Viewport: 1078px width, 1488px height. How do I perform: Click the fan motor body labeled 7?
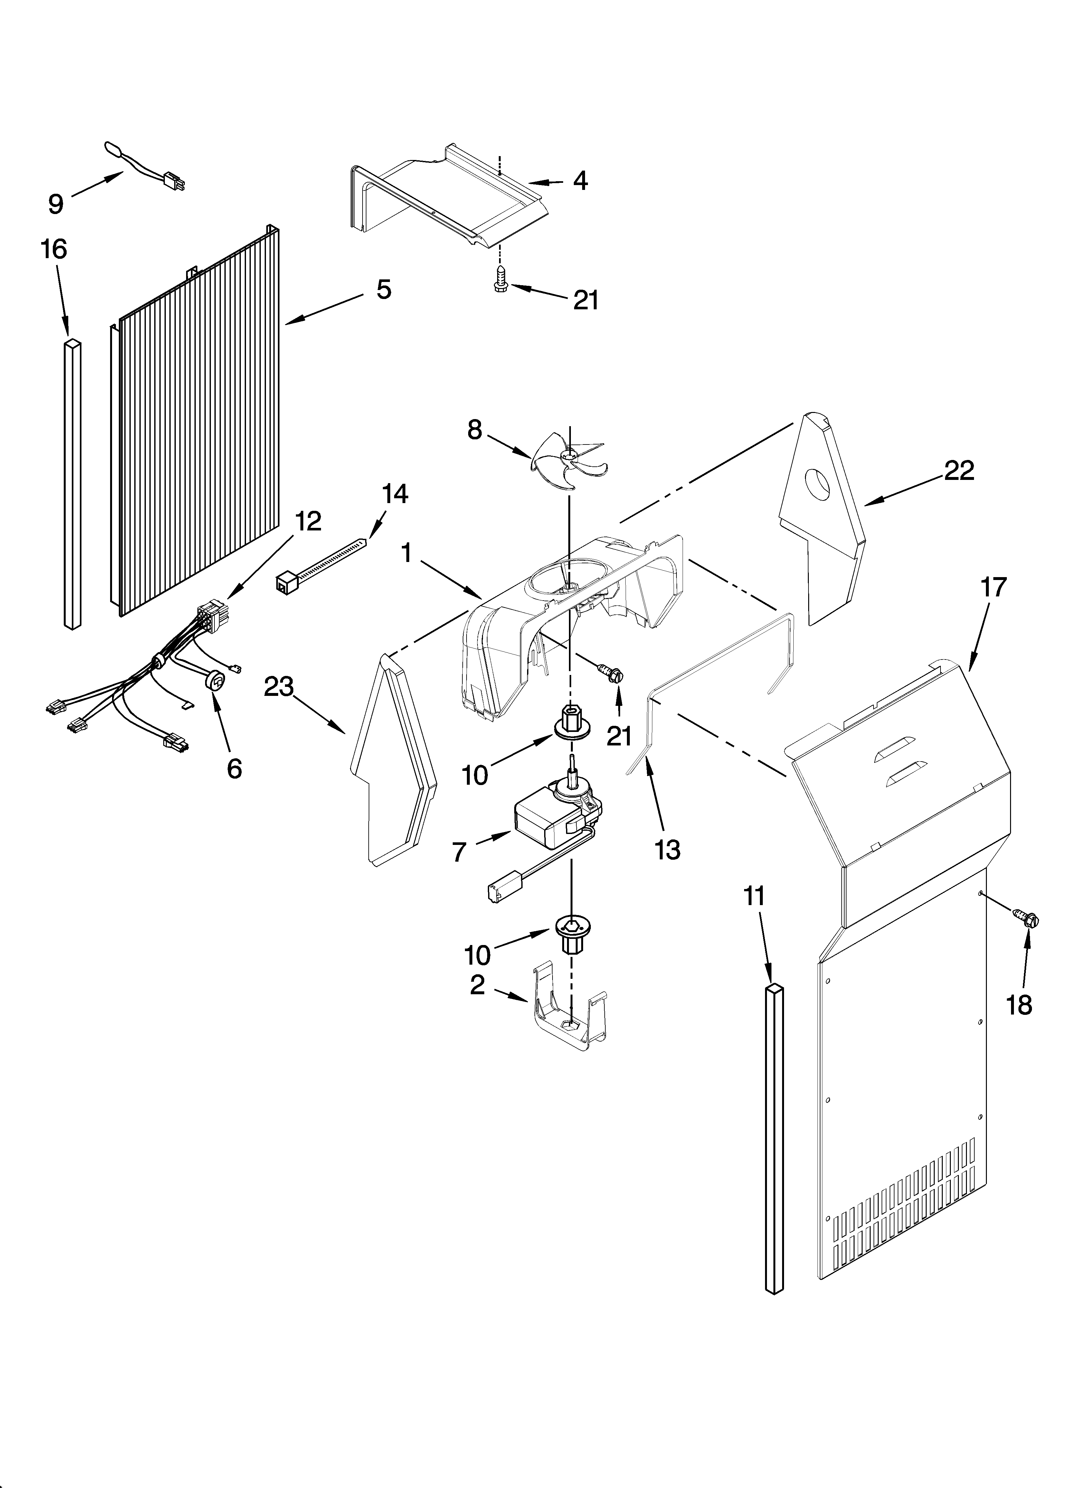pos(548,821)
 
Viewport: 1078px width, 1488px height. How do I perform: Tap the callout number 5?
pos(384,289)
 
